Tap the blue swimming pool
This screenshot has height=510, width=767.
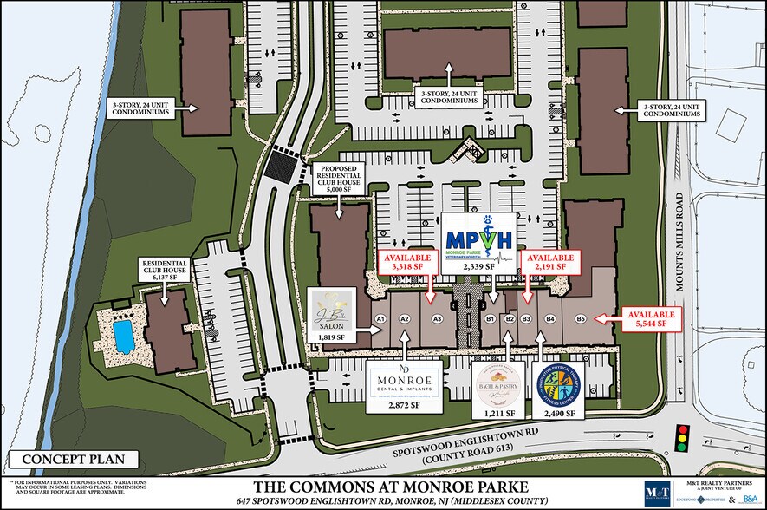pyautogui.click(x=124, y=335)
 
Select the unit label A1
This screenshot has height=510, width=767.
pyautogui.click(x=379, y=319)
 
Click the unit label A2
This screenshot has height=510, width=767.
pyautogui.click(x=404, y=319)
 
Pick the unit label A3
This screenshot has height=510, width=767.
pyautogui.click(x=437, y=319)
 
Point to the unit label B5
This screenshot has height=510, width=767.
pyautogui.click(x=581, y=319)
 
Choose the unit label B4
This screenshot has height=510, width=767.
pyautogui.click(x=549, y=319)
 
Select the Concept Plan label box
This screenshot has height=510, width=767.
pyautogui.click(x=74, y=460)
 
